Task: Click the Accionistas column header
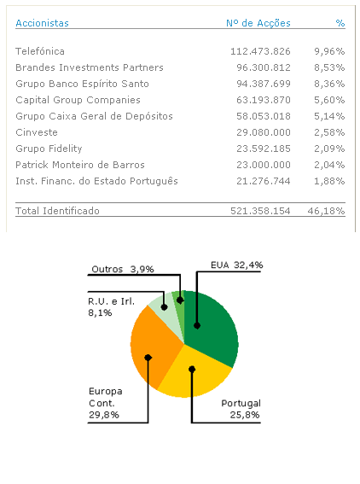pyautogui.click(x=42, y=24)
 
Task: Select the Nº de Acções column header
pyautogui.click(x=258, y=24)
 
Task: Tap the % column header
pyautogui.click(x=340, y=24)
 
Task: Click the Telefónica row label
pyautogui.click(x=40, y=51)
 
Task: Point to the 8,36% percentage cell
pyautogui.click(x=329, y=84)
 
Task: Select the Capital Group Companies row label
pyautogui.click(x=78, y=100)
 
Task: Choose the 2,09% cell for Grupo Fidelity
pyautogui.click(x=329, y=149)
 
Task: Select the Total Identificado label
pyautogui.click(x=57, y=210)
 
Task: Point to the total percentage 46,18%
pyautogui.click(x=328, y=210)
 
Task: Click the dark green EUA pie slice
pyautogui.click(x=209, y=324)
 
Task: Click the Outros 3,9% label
pyautogui.click(x=123, y=268)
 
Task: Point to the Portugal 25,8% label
pyautogui.click(x=241, y=408)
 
